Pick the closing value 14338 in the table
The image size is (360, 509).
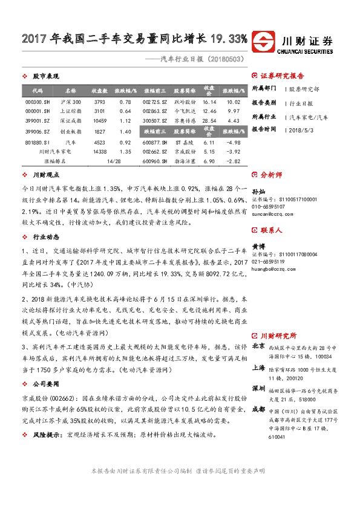100,151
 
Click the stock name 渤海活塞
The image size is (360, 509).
185,162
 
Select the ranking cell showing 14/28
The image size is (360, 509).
113,162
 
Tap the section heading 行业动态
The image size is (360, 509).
45,238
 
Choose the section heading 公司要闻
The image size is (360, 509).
45,383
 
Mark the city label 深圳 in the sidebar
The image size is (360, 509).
258,387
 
